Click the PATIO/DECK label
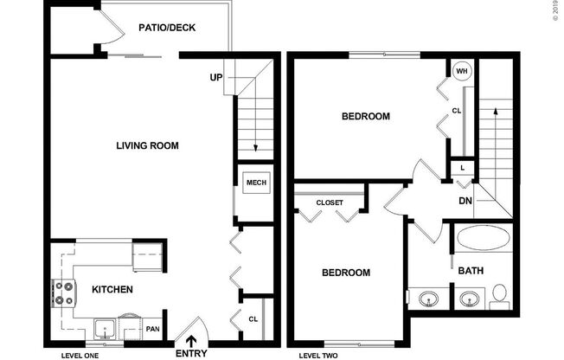point(167,28)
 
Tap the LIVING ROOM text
point(147,145)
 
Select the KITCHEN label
point(112,289)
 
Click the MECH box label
point(256,183)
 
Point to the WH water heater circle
point(462,72)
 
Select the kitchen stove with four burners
point(64,292)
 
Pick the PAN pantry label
point(152,329)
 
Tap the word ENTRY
point(191,353)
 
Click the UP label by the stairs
point(216,77)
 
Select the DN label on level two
point(465,202)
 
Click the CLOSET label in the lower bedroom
point(329,202)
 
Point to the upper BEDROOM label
point(365,116)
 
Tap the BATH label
point(471,271)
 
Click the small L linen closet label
point(463,167)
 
